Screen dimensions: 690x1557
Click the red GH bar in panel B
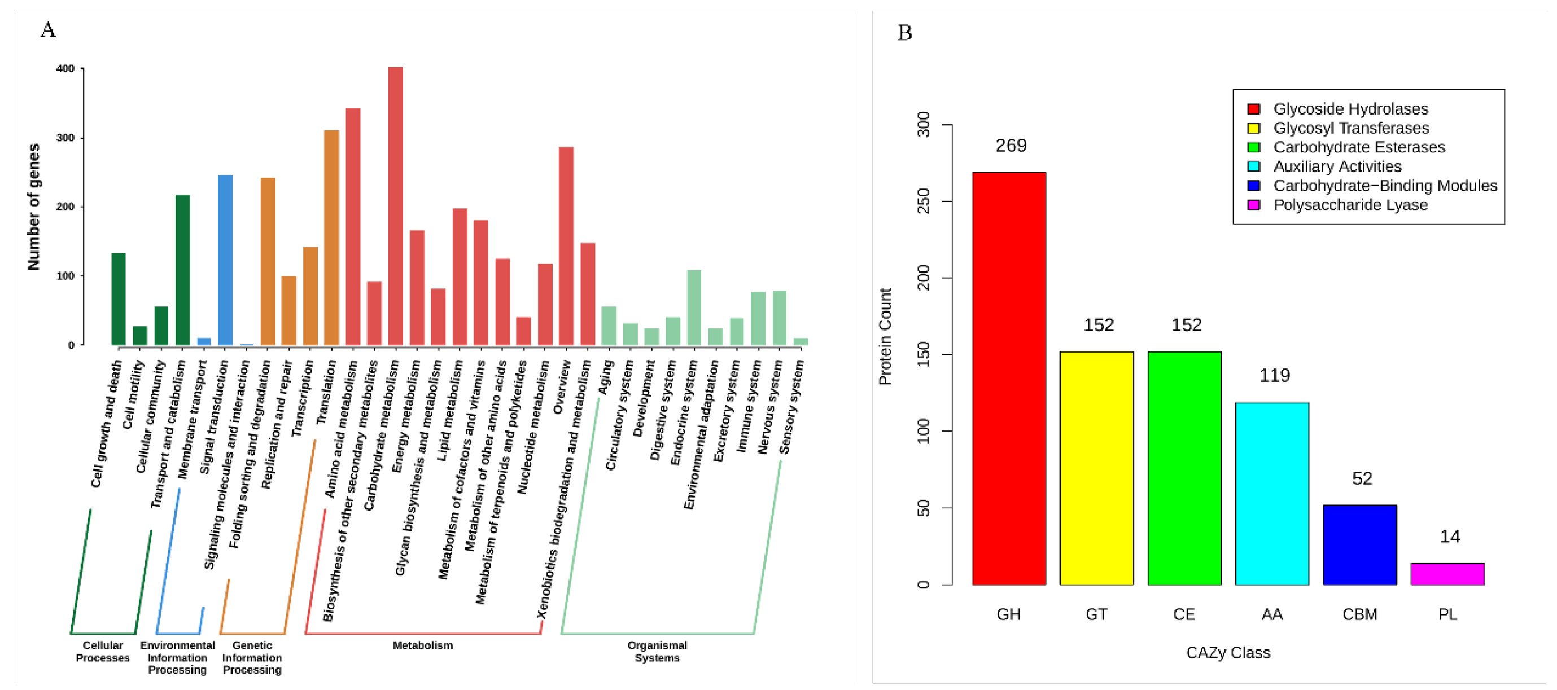pyautogui.click(x=1009, y=378)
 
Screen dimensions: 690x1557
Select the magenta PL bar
pyautogui.click(x=1447, y=574)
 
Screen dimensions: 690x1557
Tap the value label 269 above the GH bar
pyautogui.click(x=1011, y=146)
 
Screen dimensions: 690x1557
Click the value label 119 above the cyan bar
pyautogui.click(x=1274, y=376)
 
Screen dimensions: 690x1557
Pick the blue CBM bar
pyautogui.click(x=1359, y=544)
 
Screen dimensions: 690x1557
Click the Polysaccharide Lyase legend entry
pyautogui.click(x=1350, y=205)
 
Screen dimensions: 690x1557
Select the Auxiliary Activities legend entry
pyautogui.click(x=1336, y=166)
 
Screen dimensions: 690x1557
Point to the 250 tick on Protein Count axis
pyautogui.click(x=923, y=201)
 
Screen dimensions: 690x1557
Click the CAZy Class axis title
pyautogui.click(x=1227, y=653)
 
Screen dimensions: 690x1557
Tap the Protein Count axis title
pyautogui.click(x=885, y=337)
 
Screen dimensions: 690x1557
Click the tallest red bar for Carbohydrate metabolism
pyautogui.click(x=395, y=206)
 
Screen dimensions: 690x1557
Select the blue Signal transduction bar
pyautogui.click(x=225, y=260)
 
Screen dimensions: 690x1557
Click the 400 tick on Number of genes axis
pyautogui.click(x=65, y=69)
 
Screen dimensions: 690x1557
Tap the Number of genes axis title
pyautogui.click(x=34, y=206)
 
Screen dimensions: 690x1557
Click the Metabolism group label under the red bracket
pyautogui.click(x=422, y=645)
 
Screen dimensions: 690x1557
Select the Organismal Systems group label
pyautogui.click(x=657, y=651)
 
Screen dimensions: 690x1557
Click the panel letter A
pyautogui.click(x=48, y=29)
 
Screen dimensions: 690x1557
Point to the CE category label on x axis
pyautogui.click(x=1183, y=614)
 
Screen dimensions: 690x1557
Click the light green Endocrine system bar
pyautogui.click(x=694, y=307)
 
